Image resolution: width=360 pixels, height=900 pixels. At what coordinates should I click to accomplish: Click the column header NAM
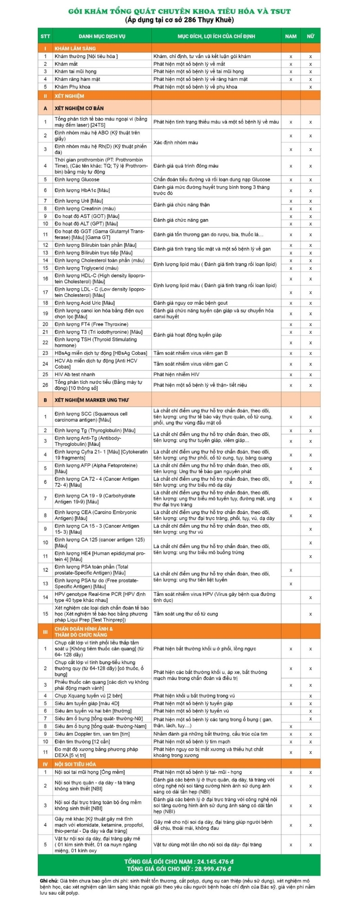point(291,36)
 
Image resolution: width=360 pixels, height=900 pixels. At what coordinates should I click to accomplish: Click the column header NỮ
point(310,36)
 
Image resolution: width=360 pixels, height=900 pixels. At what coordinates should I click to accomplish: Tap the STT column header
point(45,36)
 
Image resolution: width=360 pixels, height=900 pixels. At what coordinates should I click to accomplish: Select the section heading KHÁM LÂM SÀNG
point(75,48)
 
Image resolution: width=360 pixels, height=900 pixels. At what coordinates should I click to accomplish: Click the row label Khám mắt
point(66,64)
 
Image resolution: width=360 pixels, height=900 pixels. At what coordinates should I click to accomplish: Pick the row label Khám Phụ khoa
point(72,87)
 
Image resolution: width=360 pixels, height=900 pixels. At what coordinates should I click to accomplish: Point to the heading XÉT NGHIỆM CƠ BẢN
point(79,108)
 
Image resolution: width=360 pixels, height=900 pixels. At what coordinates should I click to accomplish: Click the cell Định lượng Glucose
point(77,180)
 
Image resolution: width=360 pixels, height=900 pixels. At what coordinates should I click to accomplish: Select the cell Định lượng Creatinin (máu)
point(85,208)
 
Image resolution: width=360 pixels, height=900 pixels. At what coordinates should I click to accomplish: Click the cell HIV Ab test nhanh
point(75,374)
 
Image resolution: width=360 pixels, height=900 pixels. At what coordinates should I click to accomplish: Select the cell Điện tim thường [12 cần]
point(82,742)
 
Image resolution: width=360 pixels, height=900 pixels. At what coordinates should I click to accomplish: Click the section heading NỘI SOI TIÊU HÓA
point(75,764)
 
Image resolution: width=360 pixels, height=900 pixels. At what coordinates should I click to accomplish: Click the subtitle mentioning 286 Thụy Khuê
point(179,20)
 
